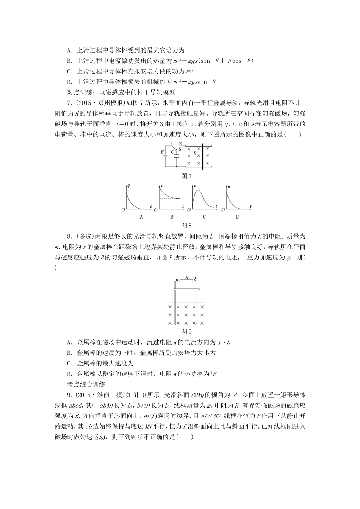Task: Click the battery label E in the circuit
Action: point(163,152)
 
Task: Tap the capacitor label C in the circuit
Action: point(172,152)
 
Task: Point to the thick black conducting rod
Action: point(203,156)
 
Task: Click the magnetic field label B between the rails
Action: point(195,153)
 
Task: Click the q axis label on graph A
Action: point(129,186)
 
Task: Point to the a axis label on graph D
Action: point(228,186)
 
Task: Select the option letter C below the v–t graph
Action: point(204,217)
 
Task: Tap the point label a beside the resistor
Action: point(177,279)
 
